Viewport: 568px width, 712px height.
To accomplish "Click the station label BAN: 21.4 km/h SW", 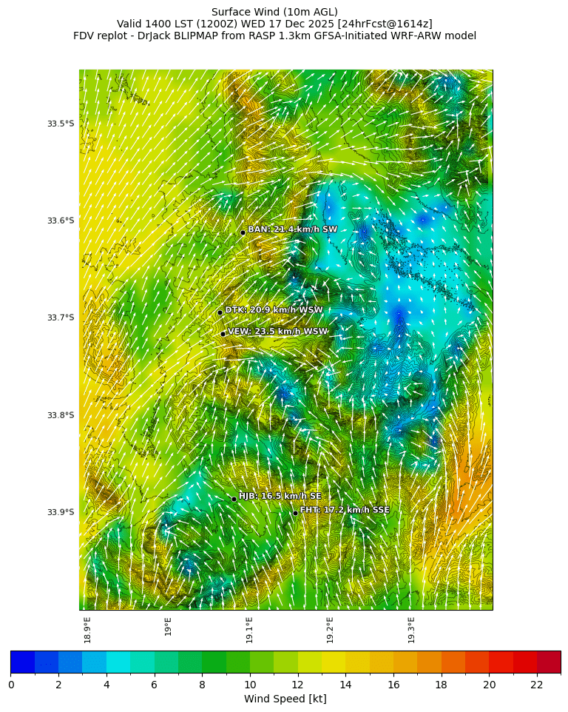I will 292,229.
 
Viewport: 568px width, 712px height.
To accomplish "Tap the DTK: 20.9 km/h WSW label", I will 274,310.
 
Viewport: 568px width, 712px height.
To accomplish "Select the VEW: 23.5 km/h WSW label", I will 277,332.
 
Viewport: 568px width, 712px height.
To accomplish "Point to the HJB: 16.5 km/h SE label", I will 280,496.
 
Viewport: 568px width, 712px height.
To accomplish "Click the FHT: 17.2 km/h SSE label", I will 344,510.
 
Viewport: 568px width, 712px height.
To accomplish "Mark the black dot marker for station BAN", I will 243,232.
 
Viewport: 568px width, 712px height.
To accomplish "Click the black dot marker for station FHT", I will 295,513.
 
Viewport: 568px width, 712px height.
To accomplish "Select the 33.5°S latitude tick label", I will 61,124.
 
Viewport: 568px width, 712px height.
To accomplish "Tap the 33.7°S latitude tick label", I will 61,318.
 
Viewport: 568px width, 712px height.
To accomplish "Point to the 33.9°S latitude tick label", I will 61,512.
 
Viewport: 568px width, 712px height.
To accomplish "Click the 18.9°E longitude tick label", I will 88,629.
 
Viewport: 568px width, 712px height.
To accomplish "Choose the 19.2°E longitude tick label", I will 331,629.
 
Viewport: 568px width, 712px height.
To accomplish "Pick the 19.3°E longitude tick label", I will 411,629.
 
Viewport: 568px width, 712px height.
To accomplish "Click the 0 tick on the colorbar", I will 11,685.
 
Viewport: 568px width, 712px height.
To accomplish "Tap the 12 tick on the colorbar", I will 298,685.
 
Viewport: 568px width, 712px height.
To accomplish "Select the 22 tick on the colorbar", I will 537,685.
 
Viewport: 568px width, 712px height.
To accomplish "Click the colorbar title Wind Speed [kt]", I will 285,699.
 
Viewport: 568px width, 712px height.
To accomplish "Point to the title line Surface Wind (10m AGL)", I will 274,12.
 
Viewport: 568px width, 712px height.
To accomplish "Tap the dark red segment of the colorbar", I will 549,662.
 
